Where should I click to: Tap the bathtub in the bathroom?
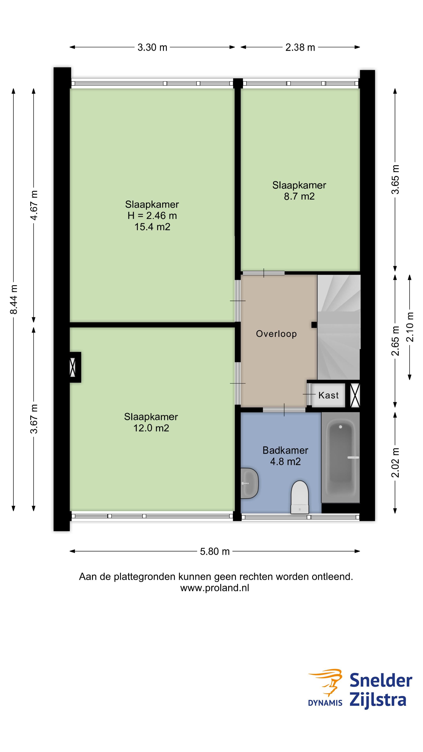click(x=340, y=457)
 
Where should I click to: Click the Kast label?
click(x=328, y=395)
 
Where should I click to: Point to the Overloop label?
click(x=276, y=334)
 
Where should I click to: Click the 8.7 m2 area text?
click(x=299, y=196)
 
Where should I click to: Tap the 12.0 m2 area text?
click(x=151, y=428)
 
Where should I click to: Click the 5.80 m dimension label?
click(x=215, y=551)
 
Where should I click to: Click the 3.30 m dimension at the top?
click(x=152, y=47)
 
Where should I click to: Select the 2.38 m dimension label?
click(x=300, y=47)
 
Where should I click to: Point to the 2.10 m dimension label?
click(x=410, y=327)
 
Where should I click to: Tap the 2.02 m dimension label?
click(x=395, y=463)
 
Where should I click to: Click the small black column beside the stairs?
click(x=314, y=325)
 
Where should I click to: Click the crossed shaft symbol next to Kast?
click(x=355, y=396)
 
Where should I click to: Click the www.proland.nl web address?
click(x=215, y=588)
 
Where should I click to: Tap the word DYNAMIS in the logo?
click(x=325, y=703)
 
